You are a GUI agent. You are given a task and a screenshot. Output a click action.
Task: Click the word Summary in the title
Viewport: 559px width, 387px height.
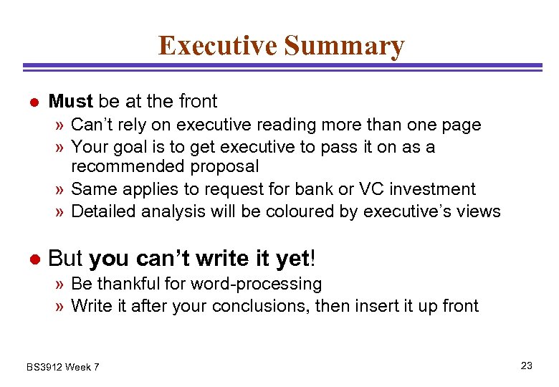pyautogui.click(x=344, y=46)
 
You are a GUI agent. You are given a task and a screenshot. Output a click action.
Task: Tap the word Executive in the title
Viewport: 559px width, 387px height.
pyautogui.click(x=218, y=46)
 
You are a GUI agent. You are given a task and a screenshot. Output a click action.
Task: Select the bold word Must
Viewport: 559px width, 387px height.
pyautogui.click(x=70, y=102)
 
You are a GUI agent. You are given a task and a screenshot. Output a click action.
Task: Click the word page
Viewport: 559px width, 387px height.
pyautogui.click(x=462, y=125)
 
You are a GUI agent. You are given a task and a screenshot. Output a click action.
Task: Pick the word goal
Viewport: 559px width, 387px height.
pyautogui.click(x=126, y=147)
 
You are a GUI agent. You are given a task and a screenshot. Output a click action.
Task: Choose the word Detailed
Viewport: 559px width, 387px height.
pyautogui.click(x=104, y=211)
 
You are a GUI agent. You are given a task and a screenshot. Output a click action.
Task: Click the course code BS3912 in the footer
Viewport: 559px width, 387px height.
pyautogui.click(x=44, y=367)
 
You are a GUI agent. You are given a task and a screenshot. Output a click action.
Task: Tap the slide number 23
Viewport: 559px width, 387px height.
pyautogui.click(x=527, y=365)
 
